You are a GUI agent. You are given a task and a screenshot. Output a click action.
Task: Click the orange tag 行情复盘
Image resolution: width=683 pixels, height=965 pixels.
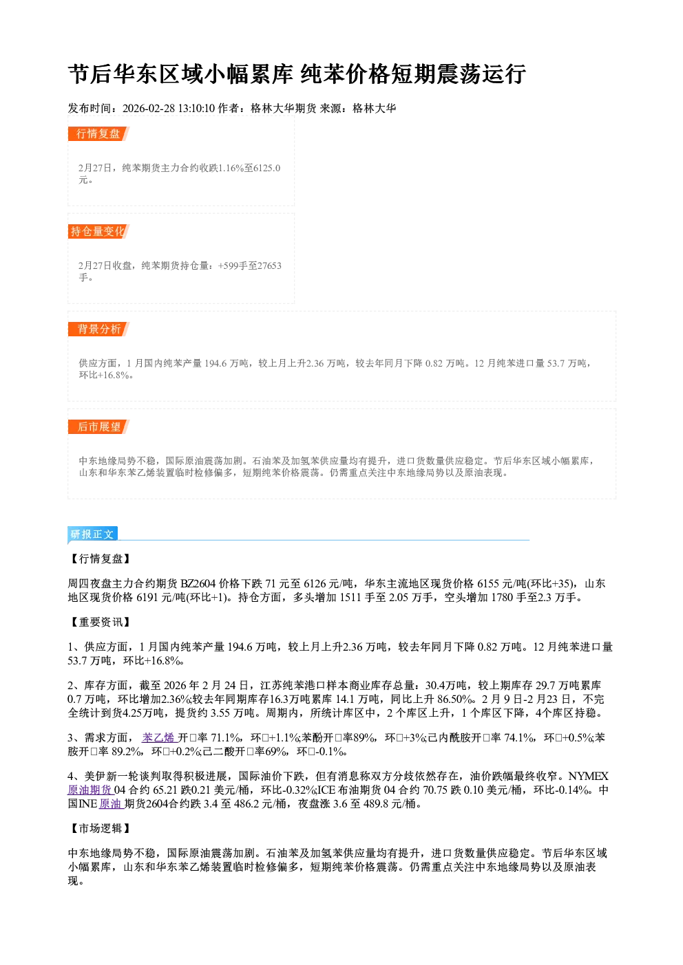[x=98, y=133]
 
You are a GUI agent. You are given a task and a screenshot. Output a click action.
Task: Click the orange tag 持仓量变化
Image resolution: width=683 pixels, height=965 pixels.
[x=98, y=231]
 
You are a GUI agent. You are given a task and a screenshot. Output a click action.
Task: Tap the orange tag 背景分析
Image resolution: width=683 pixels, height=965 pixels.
[x=98, y=329]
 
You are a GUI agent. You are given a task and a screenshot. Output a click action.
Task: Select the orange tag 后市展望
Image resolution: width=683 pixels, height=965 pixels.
[x=98, y=427]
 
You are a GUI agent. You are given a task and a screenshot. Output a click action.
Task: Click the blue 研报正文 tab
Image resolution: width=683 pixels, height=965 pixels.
[x=92, y=534]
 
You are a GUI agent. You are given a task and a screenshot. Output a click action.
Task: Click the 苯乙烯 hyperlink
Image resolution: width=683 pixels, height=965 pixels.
[x=159, y=738]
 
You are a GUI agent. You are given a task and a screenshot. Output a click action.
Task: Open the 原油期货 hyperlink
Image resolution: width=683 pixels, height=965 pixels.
[x=90, y=790]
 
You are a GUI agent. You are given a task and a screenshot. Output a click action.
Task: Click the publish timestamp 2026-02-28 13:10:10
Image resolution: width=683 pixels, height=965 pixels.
[x=169, y=108]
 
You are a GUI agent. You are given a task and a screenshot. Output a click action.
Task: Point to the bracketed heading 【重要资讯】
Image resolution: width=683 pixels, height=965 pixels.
[x=100, y=622]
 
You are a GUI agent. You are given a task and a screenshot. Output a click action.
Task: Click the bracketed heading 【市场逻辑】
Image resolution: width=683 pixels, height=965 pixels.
[x=100, y=828]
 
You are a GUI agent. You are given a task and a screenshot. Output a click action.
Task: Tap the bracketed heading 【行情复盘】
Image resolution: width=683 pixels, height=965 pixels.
[x=100, y=559]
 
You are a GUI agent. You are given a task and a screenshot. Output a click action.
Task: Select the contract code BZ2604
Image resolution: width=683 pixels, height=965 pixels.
[x=198, y=584]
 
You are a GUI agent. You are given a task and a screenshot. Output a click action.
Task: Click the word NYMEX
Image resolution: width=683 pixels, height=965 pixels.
[x=588, y=777]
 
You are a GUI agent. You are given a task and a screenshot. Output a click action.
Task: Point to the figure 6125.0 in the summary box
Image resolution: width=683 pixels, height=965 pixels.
[x=266, y=168]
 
